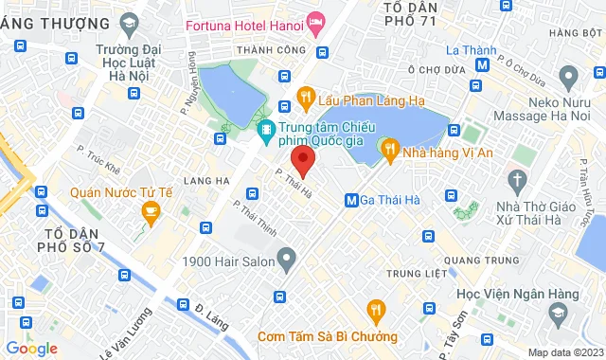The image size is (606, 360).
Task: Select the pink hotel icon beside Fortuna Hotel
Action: (315, 20)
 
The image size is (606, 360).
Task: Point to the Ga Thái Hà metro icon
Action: (351, 200)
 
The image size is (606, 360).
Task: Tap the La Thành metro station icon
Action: (484, 65)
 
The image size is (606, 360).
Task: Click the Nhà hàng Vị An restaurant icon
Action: (387, 148)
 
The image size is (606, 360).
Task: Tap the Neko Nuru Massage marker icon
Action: (568, 75)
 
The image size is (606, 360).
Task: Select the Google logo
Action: (32, 349)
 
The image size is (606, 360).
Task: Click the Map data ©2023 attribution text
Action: (563, 352)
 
